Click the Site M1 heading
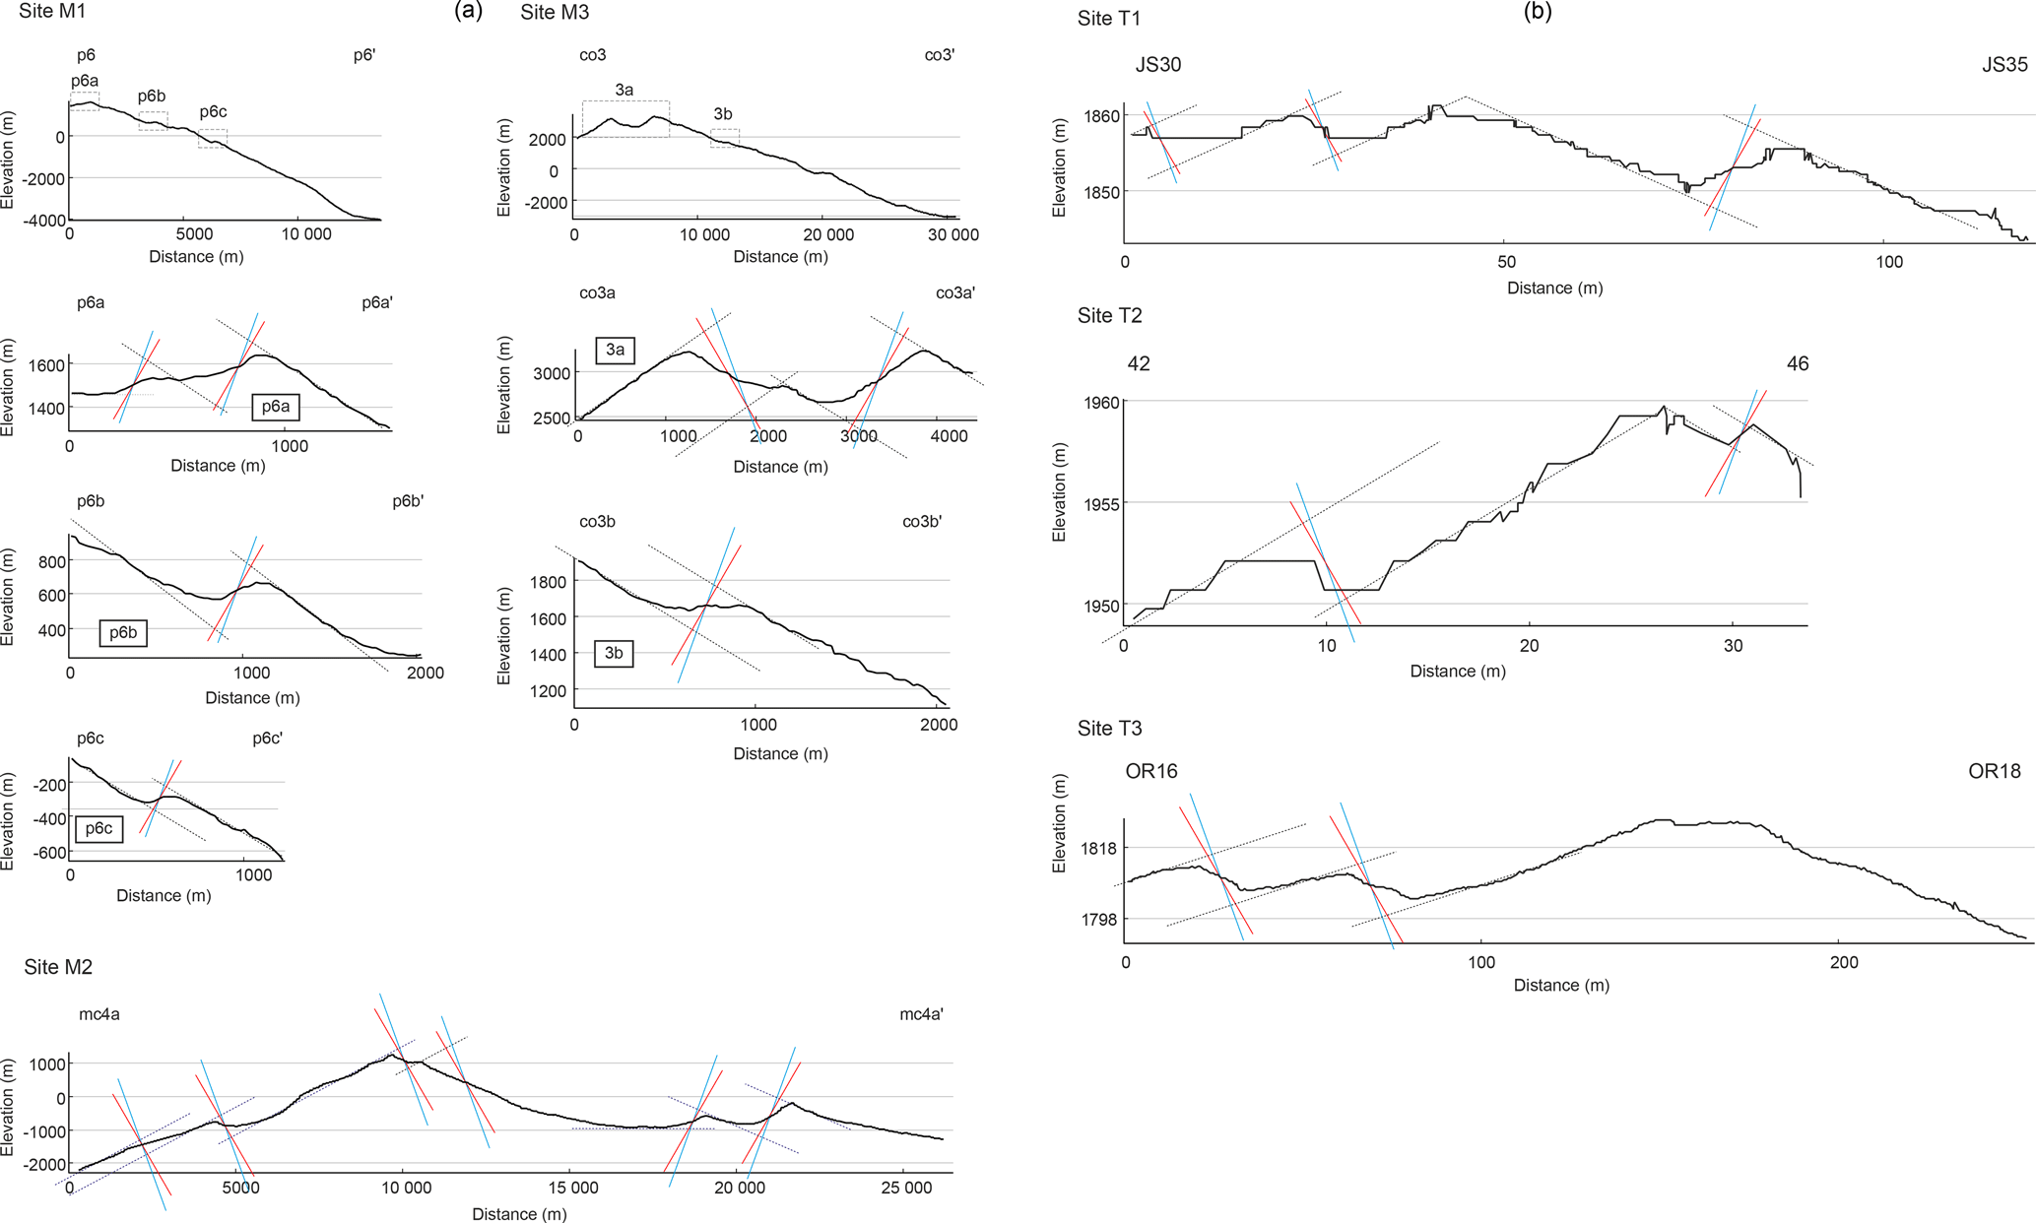(x=51, y=12)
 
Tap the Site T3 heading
(x=1109, y=729)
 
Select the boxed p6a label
(x=276, y=407)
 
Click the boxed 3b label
(x=614, y=653)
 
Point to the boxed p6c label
(x=99, y=828)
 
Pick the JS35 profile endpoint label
(x=2004, y=65)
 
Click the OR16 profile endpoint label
(x=1150, y=771)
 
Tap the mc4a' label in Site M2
(x=921, y=1014)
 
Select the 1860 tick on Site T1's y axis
(x=1101, y=116)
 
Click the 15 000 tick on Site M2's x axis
(x=572, y=1188)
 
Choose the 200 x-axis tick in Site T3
(x=1843, y=962)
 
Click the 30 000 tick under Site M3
(x=953, y=234)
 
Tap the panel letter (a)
(x=468, y=12)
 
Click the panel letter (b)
(x=1538, y=12)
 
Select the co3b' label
(x=922, y=522)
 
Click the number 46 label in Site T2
(x=1797, y=364)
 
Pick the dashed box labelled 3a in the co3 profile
(x=625, y=119)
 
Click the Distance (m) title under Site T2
(x=1457, y=672)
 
